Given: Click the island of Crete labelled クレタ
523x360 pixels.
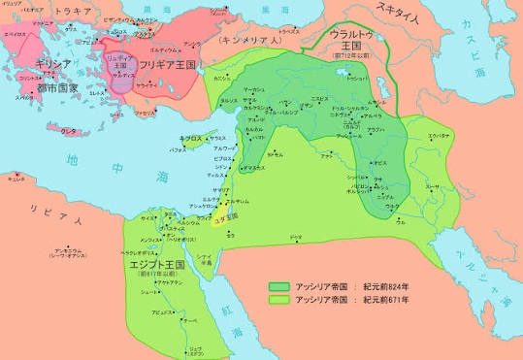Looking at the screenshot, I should (x=70, y=130).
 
